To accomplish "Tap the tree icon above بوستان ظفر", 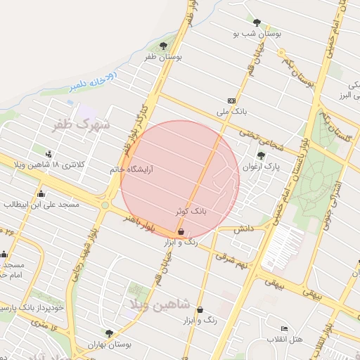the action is [x=164, y=46].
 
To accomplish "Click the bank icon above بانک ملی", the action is [x=232, y=101].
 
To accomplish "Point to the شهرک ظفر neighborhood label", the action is [x=81, y=125].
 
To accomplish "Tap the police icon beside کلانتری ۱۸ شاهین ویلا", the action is [x=48, y=153].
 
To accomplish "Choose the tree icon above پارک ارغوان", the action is [x=260, y=155].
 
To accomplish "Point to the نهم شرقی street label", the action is [x=233, y=260].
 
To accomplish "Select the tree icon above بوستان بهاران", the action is [x=108, y=333].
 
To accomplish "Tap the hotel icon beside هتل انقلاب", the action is [x=284, y=328].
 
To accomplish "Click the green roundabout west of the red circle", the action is [x=105, y=205].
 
